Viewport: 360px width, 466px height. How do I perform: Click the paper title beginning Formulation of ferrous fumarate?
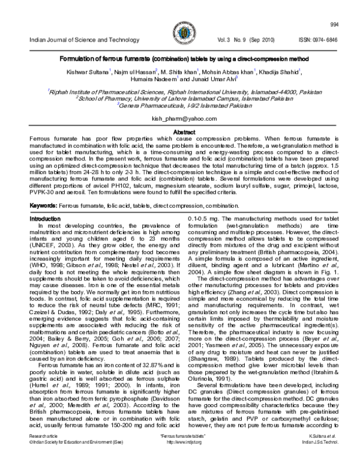[x=179, y=60]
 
